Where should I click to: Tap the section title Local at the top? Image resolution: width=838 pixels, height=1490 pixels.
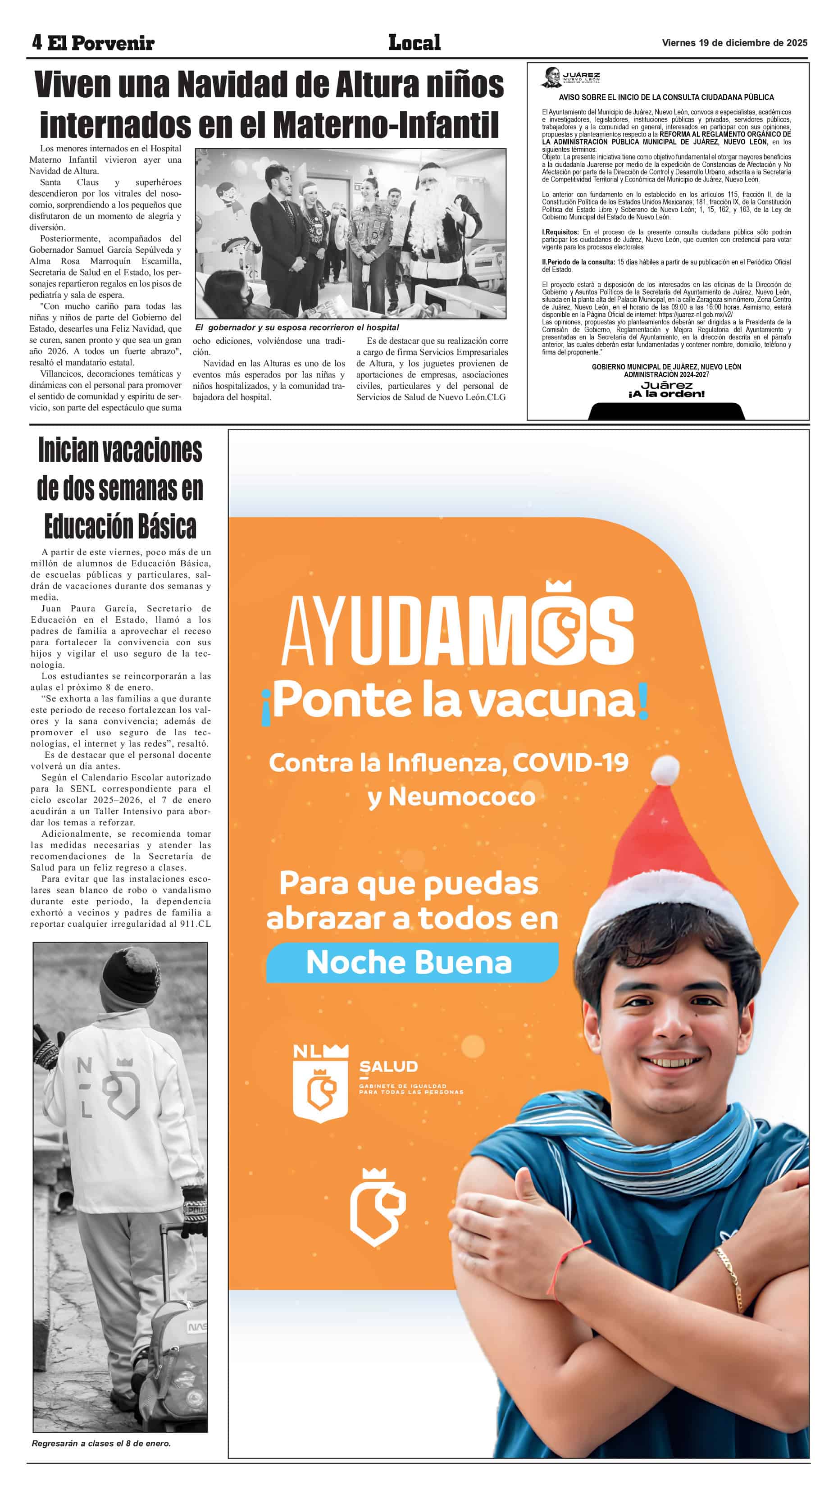tap(414, 42)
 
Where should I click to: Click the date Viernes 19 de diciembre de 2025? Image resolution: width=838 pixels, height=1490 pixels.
tap(734, 43)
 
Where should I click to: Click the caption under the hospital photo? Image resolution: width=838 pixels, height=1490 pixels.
tap(297, 328)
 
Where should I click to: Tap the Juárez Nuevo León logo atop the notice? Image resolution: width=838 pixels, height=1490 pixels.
tap(571, 77)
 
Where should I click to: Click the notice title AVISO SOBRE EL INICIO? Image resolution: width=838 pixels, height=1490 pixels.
tap(665, 97)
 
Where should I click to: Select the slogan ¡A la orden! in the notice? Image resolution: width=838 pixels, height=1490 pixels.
tap(666, 394)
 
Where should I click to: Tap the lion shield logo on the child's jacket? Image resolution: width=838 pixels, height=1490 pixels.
tap(122, 1089)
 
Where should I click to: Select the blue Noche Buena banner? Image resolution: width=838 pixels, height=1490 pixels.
tap(411, 962)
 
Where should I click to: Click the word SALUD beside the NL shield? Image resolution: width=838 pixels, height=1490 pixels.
tap(388, 1066)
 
